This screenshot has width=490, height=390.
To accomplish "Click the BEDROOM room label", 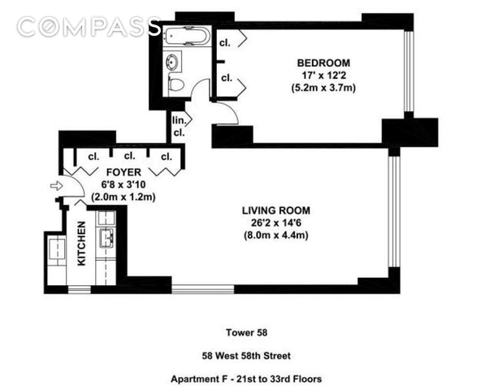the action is (x=323, y=63).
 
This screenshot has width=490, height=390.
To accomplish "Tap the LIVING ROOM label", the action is (x=276, y=210).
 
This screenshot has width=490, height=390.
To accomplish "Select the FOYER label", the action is (x=124, y=172).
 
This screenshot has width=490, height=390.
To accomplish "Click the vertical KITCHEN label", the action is (x=81, y=244).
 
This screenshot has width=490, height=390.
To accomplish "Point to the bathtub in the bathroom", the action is (x=187, y=37).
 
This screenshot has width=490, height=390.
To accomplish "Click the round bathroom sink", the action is (x=172, y=61).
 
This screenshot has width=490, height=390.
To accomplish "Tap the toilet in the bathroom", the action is (x=176, y=84).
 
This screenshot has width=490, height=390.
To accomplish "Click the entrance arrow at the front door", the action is (x=57, y=186).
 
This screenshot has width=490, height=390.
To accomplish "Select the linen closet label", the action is (x=179, y=127).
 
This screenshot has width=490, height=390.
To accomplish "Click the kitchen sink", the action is (x=106, y=238).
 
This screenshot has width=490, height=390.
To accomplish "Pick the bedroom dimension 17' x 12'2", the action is (x=323, y=76).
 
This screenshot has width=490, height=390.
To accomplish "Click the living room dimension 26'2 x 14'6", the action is (x=276, y=223).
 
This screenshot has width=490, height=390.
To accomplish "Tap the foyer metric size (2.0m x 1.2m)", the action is (x=124, y=197).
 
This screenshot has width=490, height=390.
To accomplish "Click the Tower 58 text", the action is (x=246, y=332).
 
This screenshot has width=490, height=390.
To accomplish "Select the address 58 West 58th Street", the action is (x=246, y=356).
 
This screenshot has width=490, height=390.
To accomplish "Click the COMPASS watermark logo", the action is (x=89, y=26).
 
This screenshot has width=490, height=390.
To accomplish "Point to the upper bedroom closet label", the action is (x=225, y=43).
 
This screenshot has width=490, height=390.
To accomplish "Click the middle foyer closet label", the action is (x=129, y=156).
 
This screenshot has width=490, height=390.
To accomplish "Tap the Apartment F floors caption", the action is (x=246, y=379).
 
